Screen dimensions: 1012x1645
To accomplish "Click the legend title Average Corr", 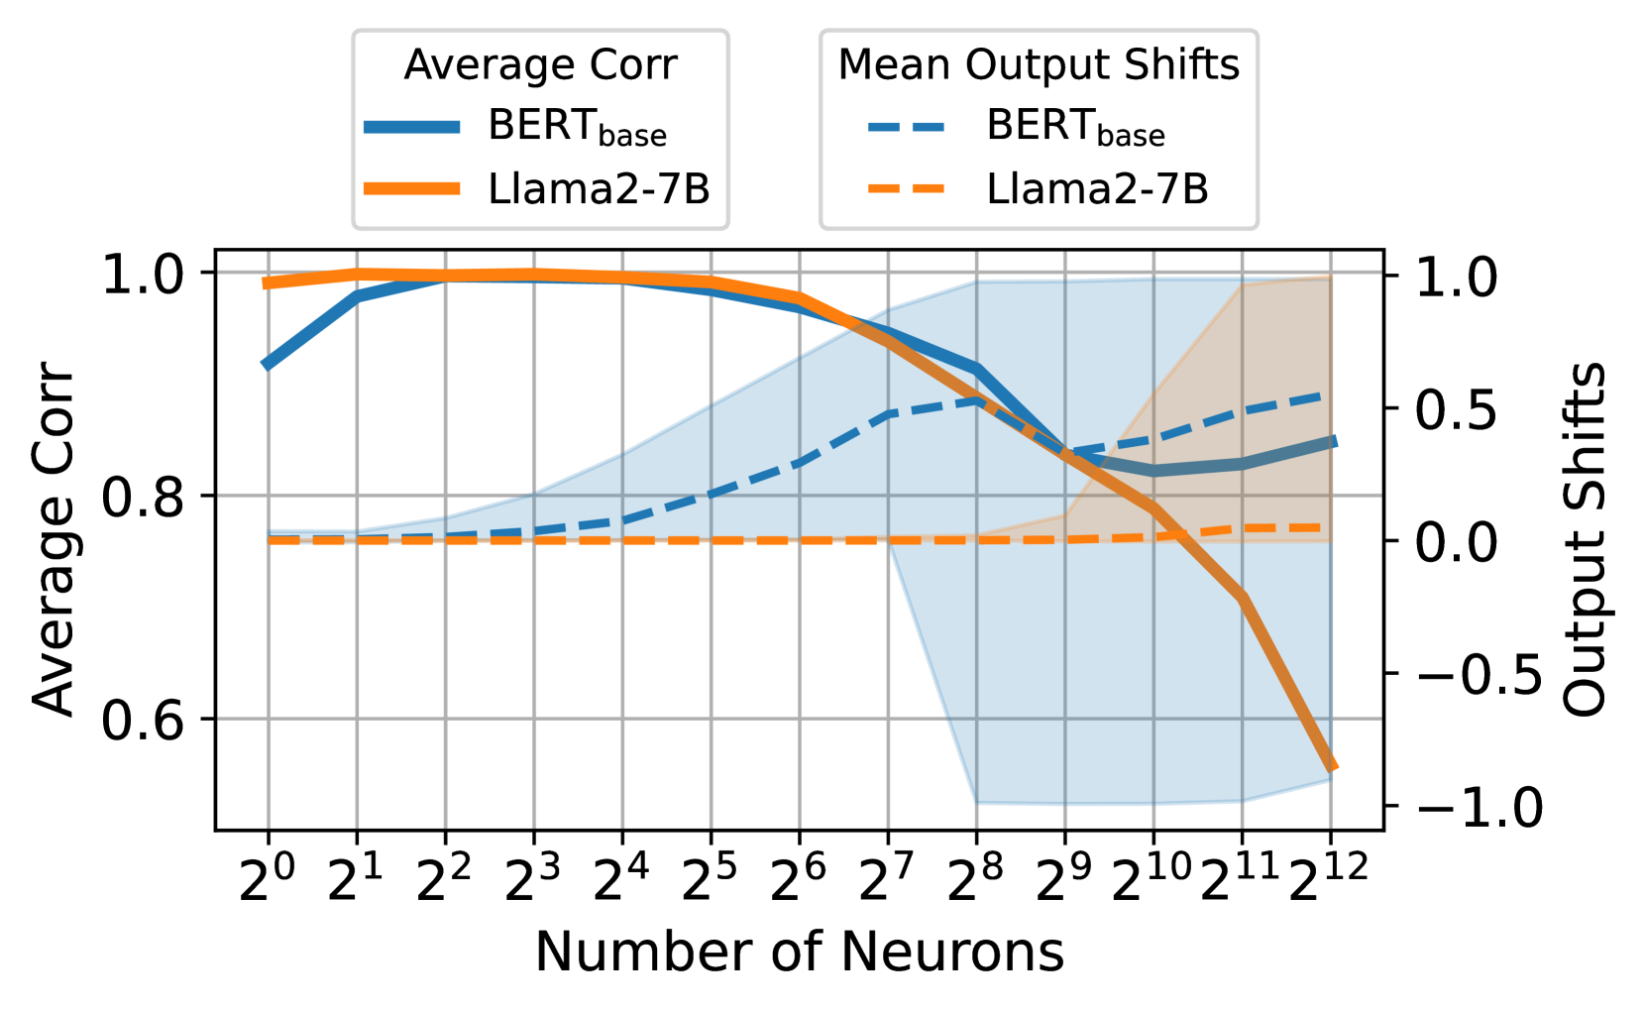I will pos(540,65).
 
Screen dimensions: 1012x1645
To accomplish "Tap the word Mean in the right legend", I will pos(894,65).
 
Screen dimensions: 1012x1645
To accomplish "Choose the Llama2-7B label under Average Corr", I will pos(599,188).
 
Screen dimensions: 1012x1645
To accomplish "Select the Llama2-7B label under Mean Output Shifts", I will pos(1097,188).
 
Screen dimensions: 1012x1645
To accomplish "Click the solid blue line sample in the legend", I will pos(411,127).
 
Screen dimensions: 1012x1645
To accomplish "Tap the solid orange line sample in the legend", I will pos(411,188).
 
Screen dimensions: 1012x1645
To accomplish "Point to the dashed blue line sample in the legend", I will pos(906,127).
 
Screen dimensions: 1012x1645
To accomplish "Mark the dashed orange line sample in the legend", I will pos(906,188).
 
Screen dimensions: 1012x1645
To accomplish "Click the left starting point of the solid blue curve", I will pos(266,365).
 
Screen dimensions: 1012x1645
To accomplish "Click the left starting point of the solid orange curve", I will pos(266,283).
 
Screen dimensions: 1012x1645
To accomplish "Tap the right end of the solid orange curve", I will pos(1334,766).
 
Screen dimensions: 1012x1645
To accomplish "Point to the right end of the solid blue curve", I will pos(1334,441).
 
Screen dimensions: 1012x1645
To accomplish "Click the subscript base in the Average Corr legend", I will pos(632,136).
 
